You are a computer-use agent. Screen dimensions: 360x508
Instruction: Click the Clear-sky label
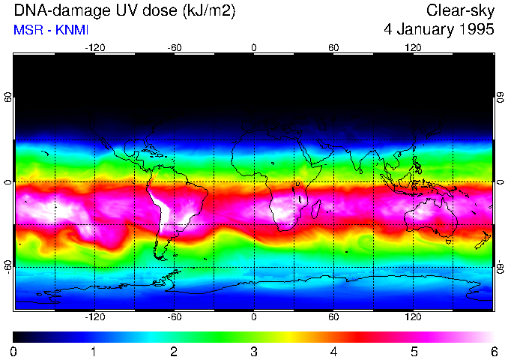(x=460, y=11)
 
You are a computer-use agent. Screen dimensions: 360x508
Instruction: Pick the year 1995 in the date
(x=479, y=30)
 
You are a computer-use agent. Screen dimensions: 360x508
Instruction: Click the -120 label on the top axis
(x=94, y=47)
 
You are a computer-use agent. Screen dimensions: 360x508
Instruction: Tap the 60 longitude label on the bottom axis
(x=333, y=317)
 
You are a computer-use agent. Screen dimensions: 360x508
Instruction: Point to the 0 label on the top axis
(x=254, y=47)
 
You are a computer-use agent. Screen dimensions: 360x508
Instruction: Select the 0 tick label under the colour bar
(x=14, y=351)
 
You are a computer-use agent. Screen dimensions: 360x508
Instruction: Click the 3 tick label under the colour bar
(x=253, y=351)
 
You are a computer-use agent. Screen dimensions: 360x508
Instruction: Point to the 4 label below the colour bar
(x=333, y=351)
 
